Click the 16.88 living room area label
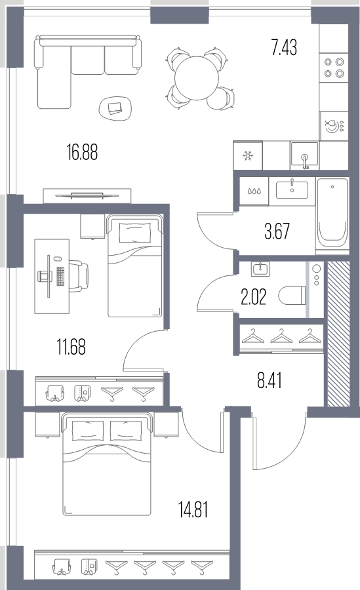[83, 153]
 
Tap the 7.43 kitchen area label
[285, 48]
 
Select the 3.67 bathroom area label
[277, 231]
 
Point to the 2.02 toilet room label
[253, 297]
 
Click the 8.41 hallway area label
[270, 380]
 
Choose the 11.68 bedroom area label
[71, 347]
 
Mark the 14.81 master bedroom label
[193, 510]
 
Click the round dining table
[197, 78]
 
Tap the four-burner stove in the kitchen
[334, 68]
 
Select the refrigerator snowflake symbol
[248, 156]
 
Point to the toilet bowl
[292, 296]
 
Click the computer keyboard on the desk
[60, 276]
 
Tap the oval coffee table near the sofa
[115, 108]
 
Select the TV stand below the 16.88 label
[87, 195]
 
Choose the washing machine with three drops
[254, 191]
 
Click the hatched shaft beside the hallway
[338, 334]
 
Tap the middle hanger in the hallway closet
[281, 336]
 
